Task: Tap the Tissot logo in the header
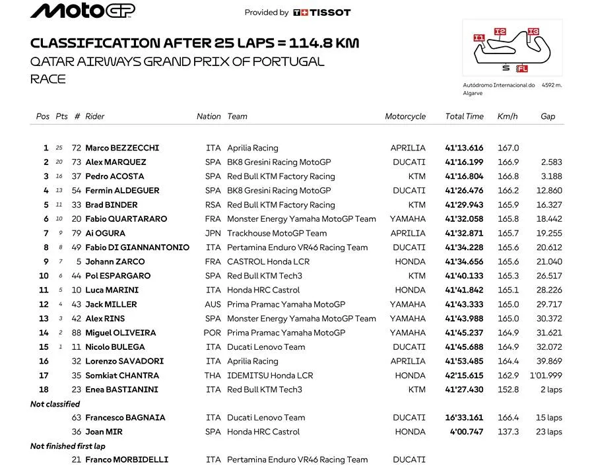322,12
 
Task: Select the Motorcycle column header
405,116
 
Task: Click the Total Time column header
464,116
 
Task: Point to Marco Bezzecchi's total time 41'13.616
464,148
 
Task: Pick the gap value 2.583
551,162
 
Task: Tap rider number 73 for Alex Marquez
76,162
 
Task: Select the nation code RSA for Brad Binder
213,205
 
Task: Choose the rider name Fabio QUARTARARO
126,218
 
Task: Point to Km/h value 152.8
508,389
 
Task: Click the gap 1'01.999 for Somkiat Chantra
546,376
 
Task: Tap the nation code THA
213,376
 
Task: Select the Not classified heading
55,404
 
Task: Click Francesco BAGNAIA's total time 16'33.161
464,418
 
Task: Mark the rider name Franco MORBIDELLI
127,459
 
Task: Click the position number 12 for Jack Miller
44,304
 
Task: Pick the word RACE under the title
48,79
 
